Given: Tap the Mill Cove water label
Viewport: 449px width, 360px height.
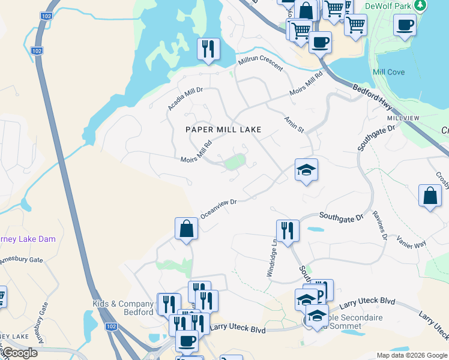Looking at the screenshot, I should click(388, 72).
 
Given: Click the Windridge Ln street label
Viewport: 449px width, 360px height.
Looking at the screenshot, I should click(274, 259).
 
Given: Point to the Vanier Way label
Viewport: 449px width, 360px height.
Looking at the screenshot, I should click(411, 241).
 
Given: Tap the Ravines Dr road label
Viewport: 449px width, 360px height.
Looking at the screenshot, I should click(379, 225).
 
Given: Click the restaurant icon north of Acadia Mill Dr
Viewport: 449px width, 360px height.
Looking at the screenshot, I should click(208, 49).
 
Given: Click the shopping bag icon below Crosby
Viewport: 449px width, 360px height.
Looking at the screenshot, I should click(430, 196).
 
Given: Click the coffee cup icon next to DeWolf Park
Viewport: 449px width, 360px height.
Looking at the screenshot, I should click(405, 26).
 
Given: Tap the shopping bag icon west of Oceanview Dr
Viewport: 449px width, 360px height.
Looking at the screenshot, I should click(186, 228).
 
